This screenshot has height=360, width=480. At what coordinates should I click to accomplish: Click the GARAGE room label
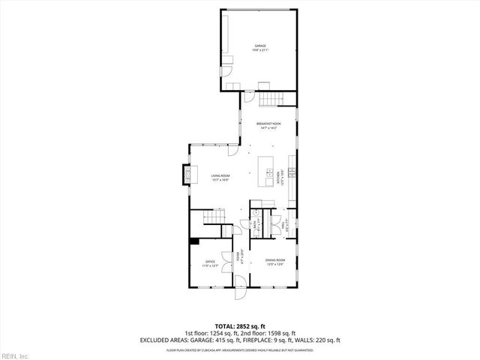[259, 46]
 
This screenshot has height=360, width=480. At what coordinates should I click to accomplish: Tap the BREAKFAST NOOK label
[268, 124]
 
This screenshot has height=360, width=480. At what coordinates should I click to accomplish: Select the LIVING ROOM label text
[219, 177]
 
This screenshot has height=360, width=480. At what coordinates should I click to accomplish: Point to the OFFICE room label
[211, 262]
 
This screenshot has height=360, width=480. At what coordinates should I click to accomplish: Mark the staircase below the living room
[214, 218]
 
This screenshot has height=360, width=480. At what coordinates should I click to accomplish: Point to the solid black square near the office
[194, 241]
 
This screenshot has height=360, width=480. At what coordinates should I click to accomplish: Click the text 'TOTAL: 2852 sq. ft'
[240, 325]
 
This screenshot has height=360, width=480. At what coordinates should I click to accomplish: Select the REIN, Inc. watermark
[15, 355]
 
